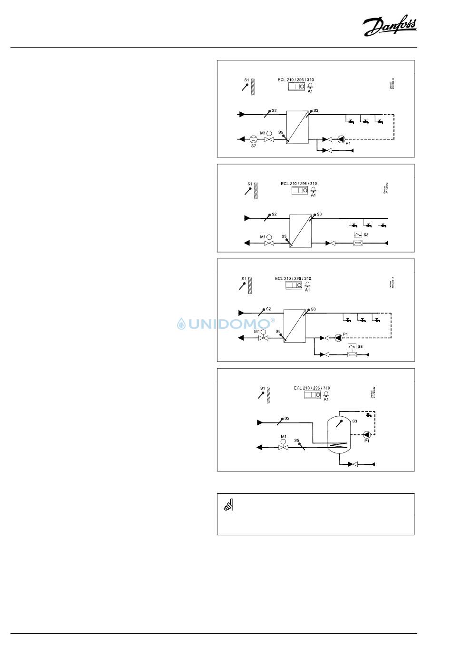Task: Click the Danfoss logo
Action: tap(389, 27)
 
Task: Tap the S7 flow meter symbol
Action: tap(253, 139)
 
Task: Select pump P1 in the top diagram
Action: tap(341, 139)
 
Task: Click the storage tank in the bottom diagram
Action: tap(338, 434)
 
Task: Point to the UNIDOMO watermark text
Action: tap(226, 324)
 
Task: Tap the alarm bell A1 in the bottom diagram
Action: tap(326, 394)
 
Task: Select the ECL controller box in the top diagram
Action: tap(296, 87)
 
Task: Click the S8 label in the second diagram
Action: tap(366, 235)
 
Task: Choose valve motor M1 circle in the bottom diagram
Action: tap(284, 441)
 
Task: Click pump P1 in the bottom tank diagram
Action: tap(366, 434)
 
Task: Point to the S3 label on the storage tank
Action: tap(354, 421)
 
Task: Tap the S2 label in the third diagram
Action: tap(268, 309)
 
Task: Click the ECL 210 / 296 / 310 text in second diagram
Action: tap(299, 184)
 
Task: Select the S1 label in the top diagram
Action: tap(246, 80)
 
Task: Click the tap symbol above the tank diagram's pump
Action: tap(368, 415)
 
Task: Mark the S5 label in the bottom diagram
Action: tap(296, 441)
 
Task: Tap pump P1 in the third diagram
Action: tap(338, 338)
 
